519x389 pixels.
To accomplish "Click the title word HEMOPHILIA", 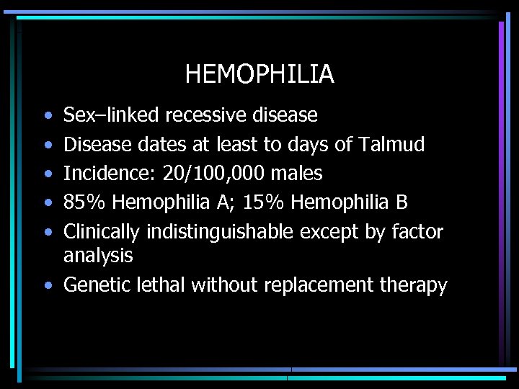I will [x=259, y=74].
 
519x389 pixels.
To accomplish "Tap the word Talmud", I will [x=390, y=144].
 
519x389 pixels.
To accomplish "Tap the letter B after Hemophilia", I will [x=402, y=202].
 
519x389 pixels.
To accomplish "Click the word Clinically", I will [x=102, y=232].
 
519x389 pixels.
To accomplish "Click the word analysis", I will [x=98, y=256].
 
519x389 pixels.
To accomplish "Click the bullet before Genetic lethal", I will [x=48, y=285].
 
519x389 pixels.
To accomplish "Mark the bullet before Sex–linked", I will [x=48, y=115].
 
